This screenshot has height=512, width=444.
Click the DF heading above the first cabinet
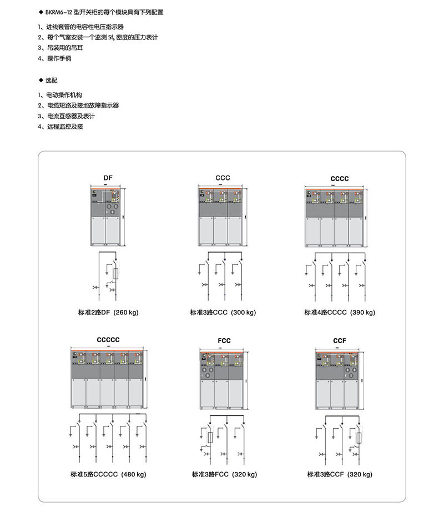tap(108, 178)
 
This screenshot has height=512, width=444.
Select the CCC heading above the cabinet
tap(223, 178)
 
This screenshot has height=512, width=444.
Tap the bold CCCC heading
tap(340, 179)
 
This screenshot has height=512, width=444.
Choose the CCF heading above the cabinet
tap(340, 340)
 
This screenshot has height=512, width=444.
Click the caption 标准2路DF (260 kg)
tap(108, 313)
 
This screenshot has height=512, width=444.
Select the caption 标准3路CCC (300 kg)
tap(223, 313)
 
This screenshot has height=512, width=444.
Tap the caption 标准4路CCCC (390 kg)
tap(340, 313)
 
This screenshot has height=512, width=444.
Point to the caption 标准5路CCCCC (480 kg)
tap(108, 475)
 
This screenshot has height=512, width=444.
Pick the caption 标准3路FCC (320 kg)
tap(224, 475)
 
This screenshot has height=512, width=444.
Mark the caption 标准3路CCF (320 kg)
tap(340, 475)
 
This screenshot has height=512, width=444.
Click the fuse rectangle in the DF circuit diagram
tap(116, 274)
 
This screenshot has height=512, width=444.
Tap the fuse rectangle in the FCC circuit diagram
tap(209, 438)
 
